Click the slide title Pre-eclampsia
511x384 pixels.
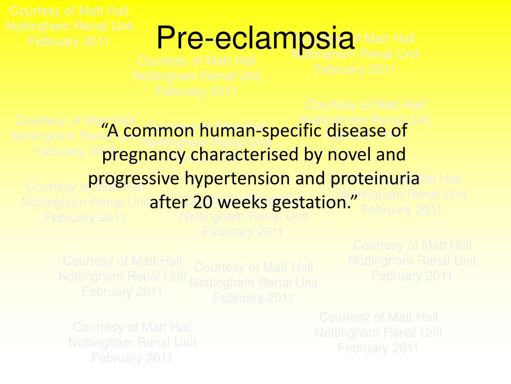255,38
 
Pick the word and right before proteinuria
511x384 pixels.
311,179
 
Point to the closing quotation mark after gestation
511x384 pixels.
354,199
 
